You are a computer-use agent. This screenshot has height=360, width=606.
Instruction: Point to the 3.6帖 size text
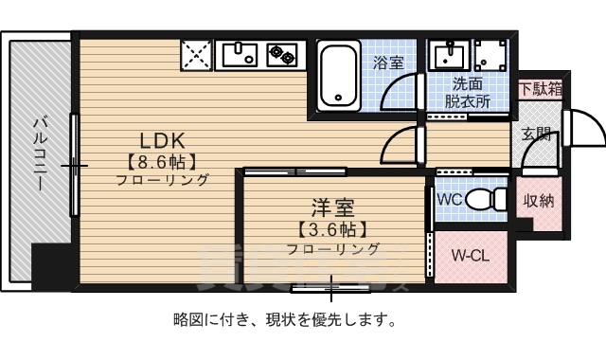[333, 229]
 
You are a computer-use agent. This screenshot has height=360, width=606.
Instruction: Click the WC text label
[450, 200]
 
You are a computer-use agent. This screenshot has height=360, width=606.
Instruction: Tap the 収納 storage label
[539, 201]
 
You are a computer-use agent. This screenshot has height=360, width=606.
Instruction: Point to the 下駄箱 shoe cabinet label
[541, 89]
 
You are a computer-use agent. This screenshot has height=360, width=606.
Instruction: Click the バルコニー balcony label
[40, 152]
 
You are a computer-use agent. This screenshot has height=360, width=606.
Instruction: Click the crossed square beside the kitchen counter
[196, 54]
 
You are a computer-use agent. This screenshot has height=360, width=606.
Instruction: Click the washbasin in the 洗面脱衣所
[445, 57]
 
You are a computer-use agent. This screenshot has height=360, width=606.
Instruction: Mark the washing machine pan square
[490, 56]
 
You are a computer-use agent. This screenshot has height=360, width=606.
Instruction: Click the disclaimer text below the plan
[284, 319]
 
